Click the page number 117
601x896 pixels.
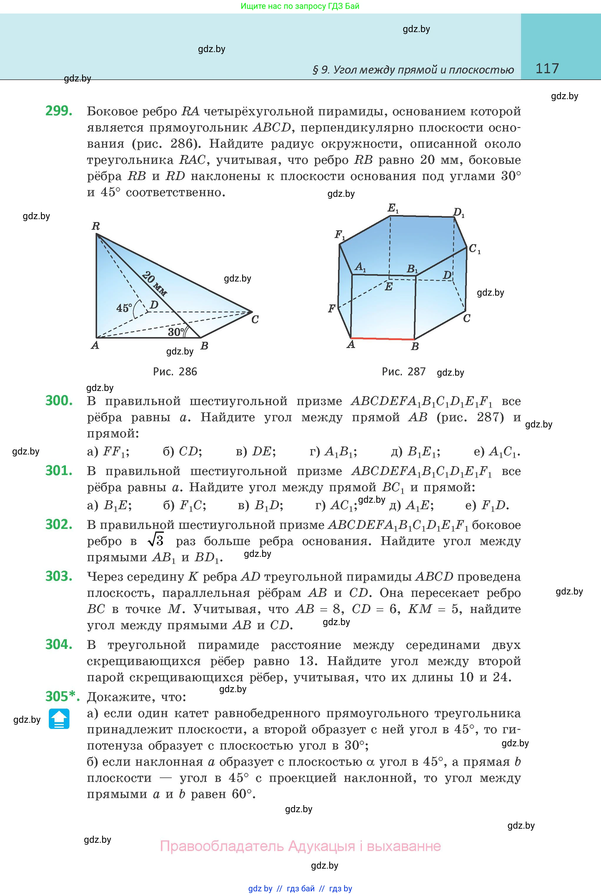(547, 69)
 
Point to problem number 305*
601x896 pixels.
(62, 696)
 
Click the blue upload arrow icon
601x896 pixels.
(59, 719)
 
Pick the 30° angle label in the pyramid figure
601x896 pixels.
(176, 332)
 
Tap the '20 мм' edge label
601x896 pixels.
(155, 284)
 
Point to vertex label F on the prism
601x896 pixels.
(332, 309)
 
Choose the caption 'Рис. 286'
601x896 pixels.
(175, 371)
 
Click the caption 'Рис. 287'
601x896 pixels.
(404, 371)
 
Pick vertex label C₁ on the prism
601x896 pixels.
(475, 249)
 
